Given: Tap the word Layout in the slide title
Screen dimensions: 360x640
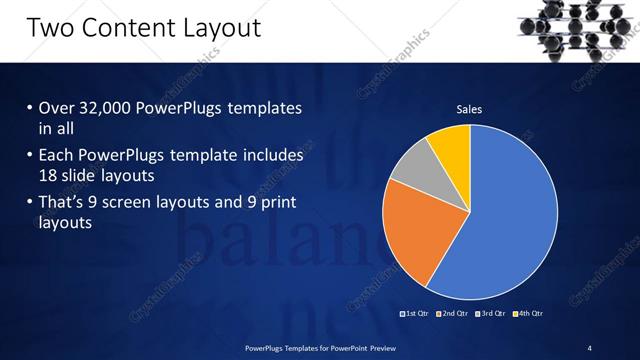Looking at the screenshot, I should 214,27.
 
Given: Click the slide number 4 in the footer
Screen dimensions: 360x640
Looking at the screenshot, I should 589,347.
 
